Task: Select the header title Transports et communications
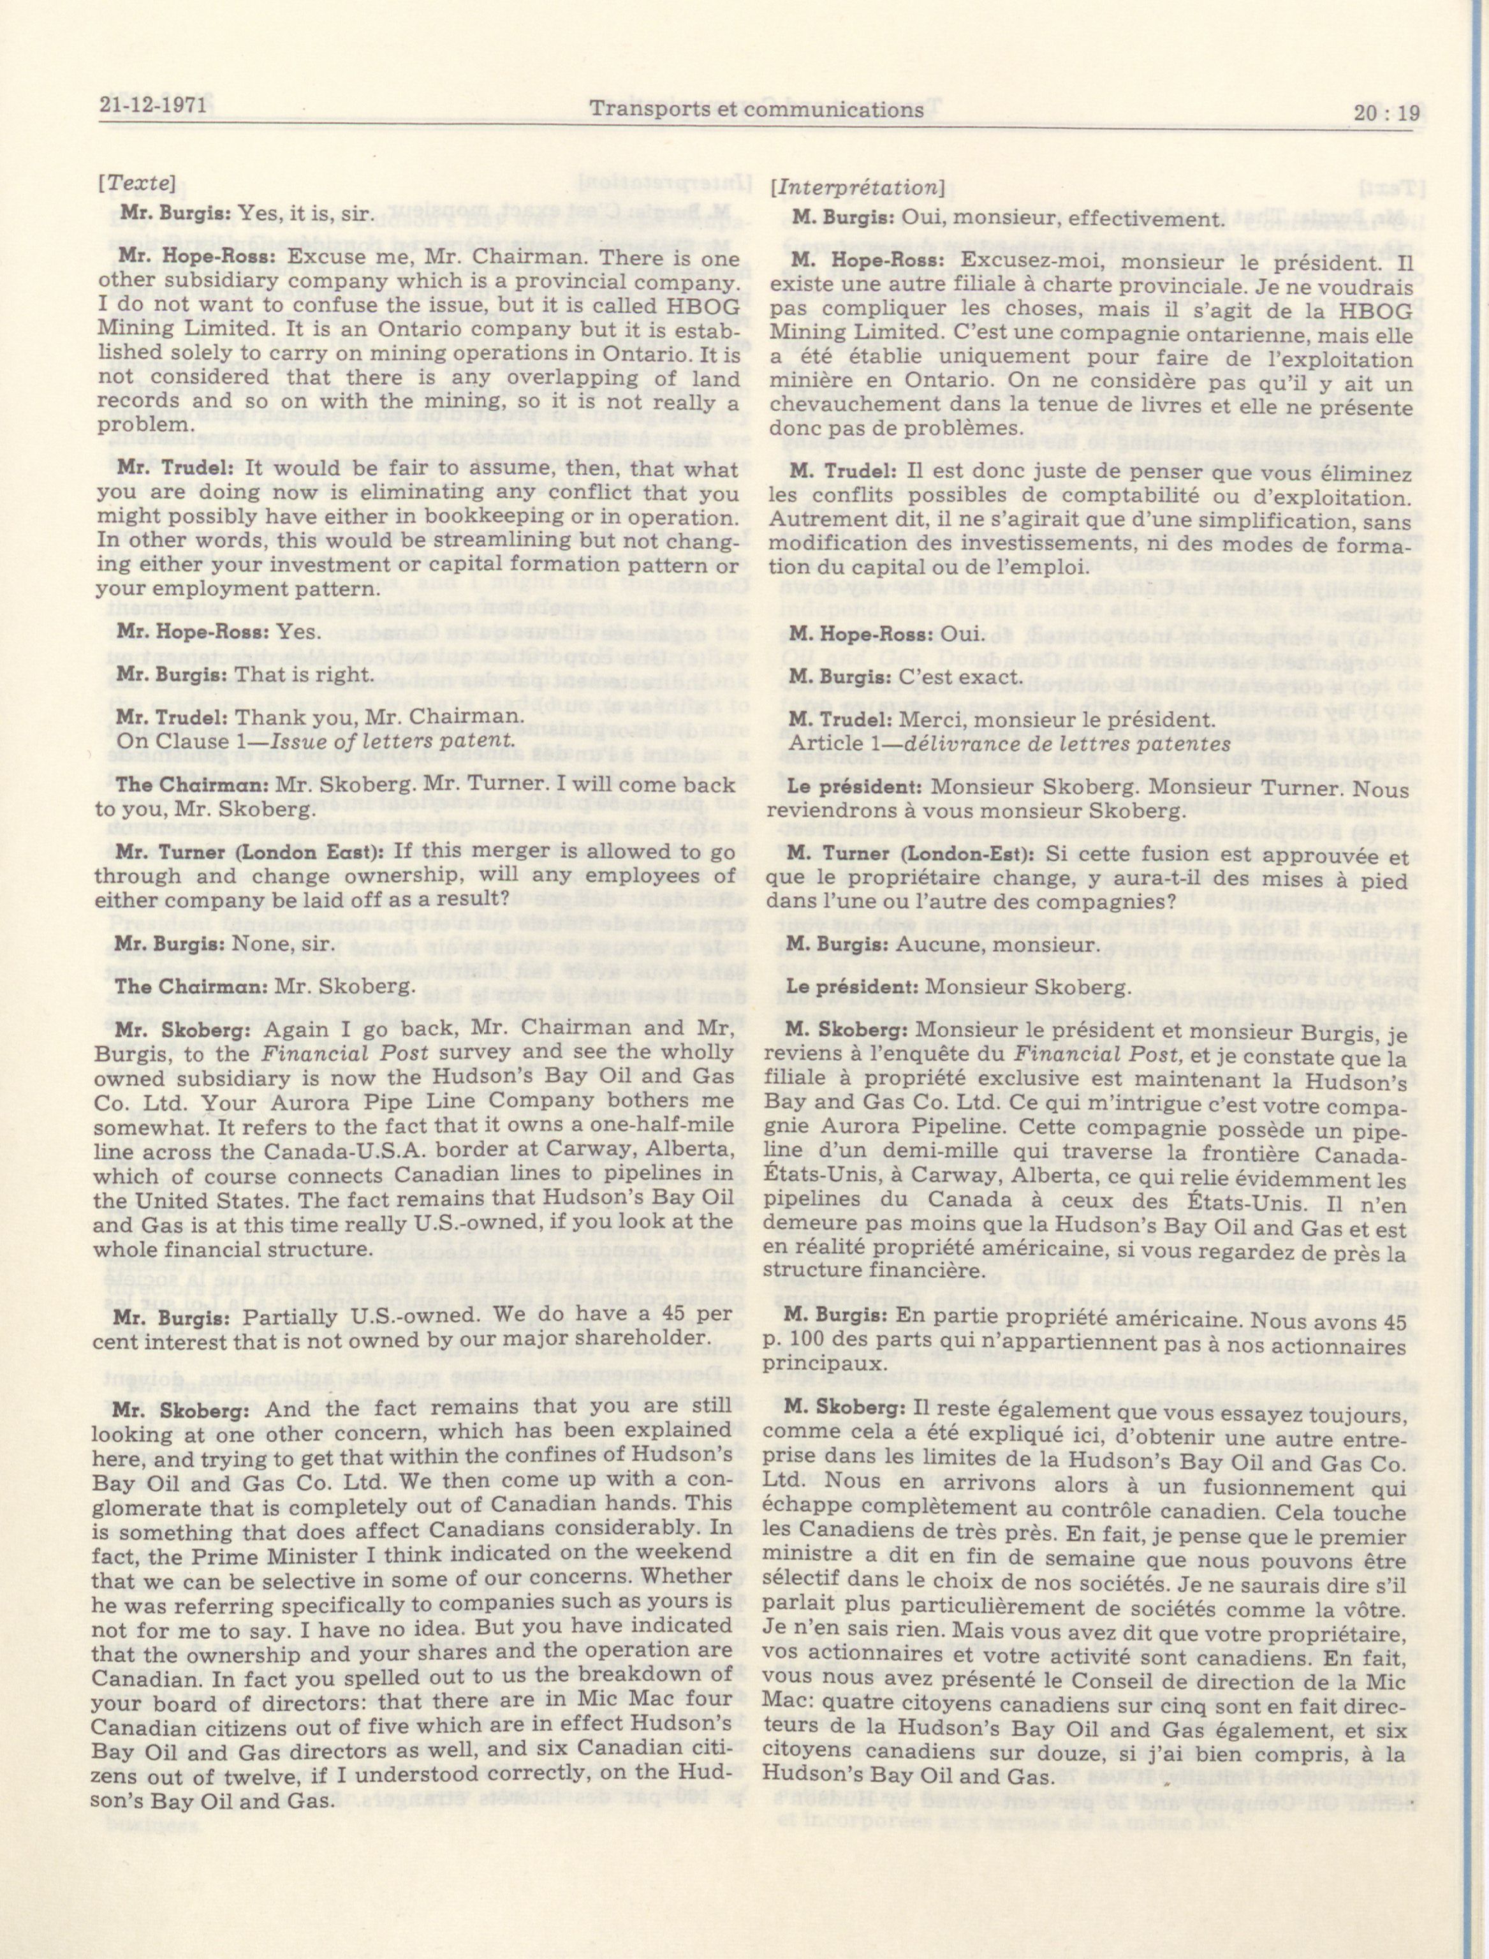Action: point(756,110)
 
